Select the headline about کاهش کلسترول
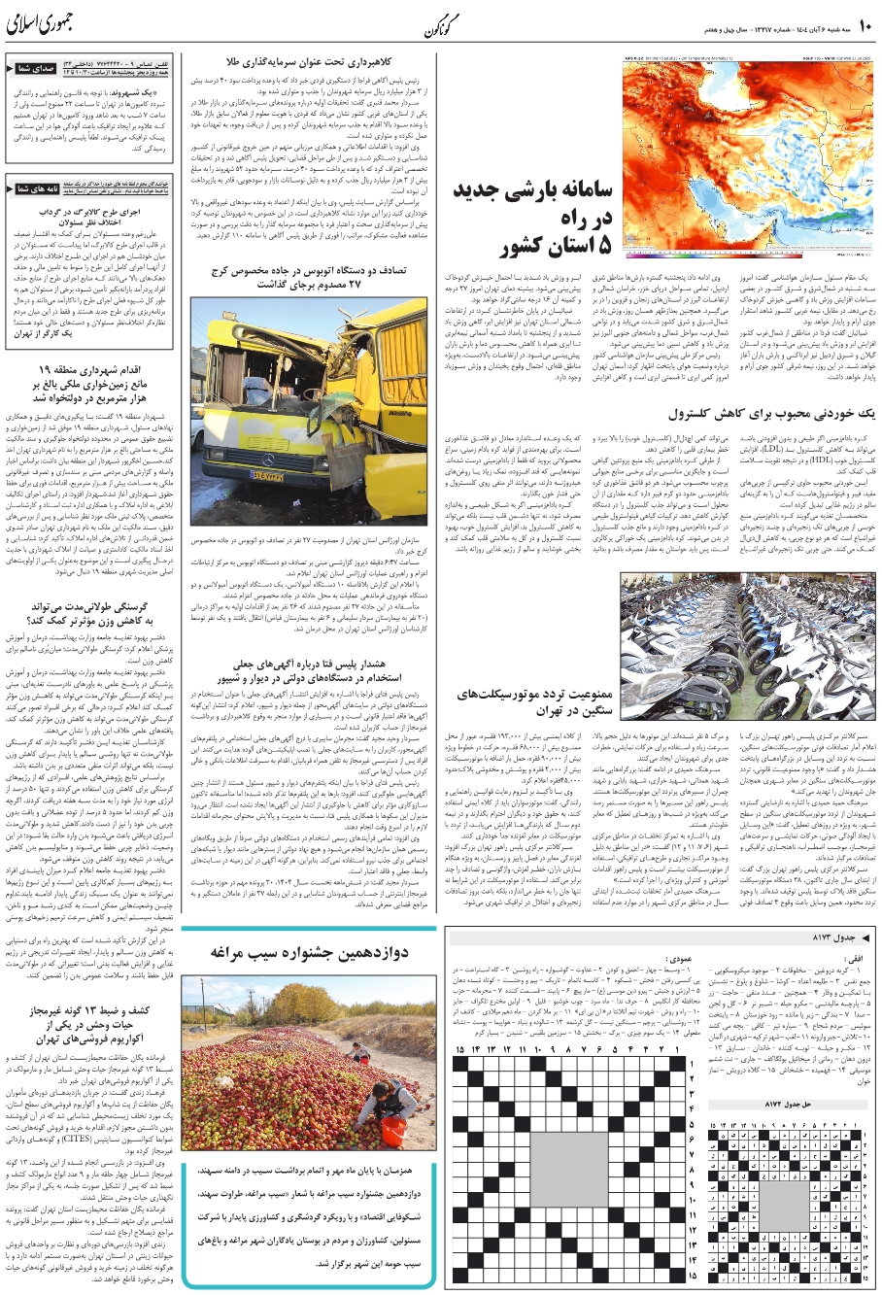point(785,414)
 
